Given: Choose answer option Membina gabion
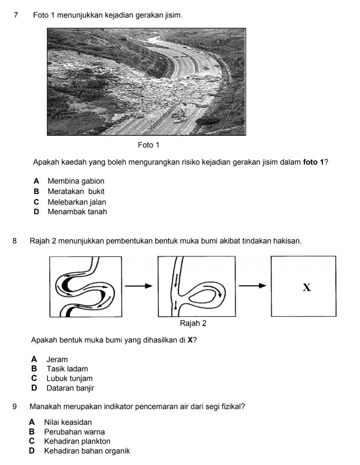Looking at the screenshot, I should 76,181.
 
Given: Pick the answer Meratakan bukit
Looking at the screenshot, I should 76,191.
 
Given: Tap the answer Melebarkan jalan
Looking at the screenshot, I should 77,202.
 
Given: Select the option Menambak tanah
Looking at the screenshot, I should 77,212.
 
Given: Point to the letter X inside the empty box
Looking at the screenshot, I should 307,287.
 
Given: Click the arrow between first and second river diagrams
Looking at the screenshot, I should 139,286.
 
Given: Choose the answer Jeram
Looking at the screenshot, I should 57,360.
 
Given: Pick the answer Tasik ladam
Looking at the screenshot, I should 67,369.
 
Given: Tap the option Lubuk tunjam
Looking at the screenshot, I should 69,379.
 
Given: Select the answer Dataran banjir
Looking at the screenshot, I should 71,388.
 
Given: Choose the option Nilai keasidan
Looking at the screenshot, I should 68,422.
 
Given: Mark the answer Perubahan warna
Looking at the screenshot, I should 74,432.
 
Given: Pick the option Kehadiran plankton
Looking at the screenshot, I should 77,441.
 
